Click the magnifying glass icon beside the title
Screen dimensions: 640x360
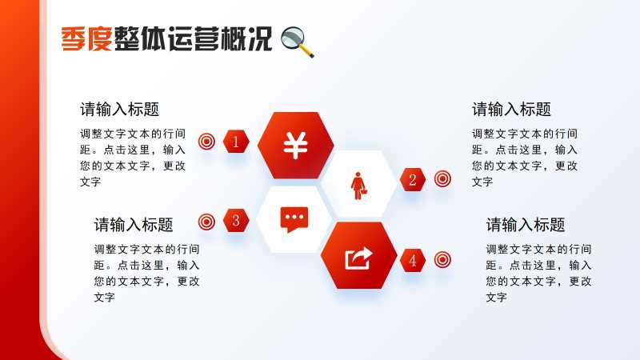click(x=298, y=42)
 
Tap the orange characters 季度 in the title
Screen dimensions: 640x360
click(x=86, y=39)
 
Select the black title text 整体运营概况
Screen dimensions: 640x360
click(x=193, y=39)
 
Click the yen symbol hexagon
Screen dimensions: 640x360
click(x=295, y=146)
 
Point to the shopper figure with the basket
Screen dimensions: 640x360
click(x=358, y=186)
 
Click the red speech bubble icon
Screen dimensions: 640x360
click(x=294, y=219)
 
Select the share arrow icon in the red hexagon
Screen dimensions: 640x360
click(x=358, y=258)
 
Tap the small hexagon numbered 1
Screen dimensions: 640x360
click(x=236, y=142)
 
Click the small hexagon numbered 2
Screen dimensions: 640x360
click(x=413, y=179)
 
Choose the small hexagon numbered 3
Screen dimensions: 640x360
click(x=236, y=221)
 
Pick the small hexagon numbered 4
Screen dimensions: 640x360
click(x=413, y=261)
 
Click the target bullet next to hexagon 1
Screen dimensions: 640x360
click(x=206, y=142)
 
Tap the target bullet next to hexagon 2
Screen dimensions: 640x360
click(x=442, y=178)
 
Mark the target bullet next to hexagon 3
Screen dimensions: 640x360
click(x=206, y=222)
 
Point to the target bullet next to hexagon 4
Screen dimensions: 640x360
click(x=442, y=259)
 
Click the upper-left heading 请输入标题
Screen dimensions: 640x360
click(x=119, y=110)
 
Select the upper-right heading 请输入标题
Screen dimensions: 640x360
click(x=511, y=110)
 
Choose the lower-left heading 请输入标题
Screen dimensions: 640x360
click(x=134, y=225)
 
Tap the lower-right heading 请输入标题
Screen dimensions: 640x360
click(x=526, y=225)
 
